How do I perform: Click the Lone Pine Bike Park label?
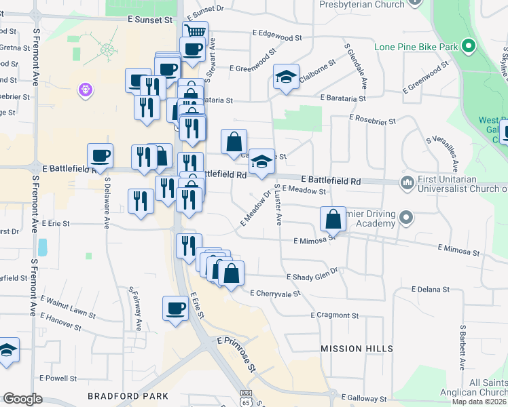[416, 47]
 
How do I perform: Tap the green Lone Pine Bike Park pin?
[467, 47]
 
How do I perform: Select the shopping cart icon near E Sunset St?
[196, 31]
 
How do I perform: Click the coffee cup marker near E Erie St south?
[175, 308]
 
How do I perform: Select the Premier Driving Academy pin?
[406, 218]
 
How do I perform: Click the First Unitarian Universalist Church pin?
[407, 182]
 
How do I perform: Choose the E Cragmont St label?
[334, 315]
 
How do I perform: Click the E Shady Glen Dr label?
[312, 277]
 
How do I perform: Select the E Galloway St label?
[367, 396]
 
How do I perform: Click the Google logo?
[22, 399]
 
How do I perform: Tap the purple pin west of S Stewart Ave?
[85, 89]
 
